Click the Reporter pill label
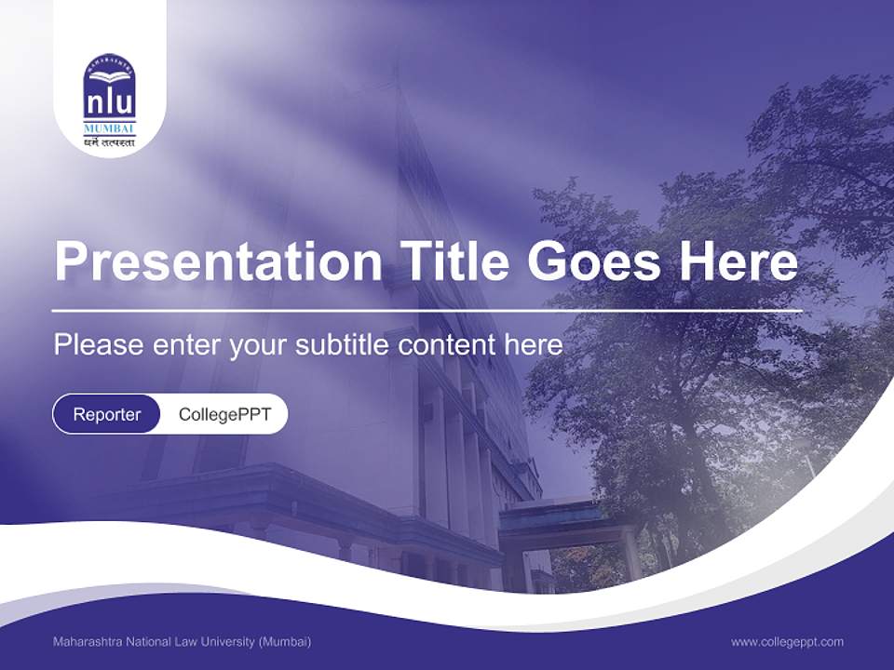(x=107, y=414)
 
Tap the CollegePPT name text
(x=224, y=414)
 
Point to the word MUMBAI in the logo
(x=110, y=127)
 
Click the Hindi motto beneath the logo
(x=110, y=142)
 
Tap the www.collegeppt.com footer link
(x=787, y=641)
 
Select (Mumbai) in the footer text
(x=285, y=641)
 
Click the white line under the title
(x=427, y=309)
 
